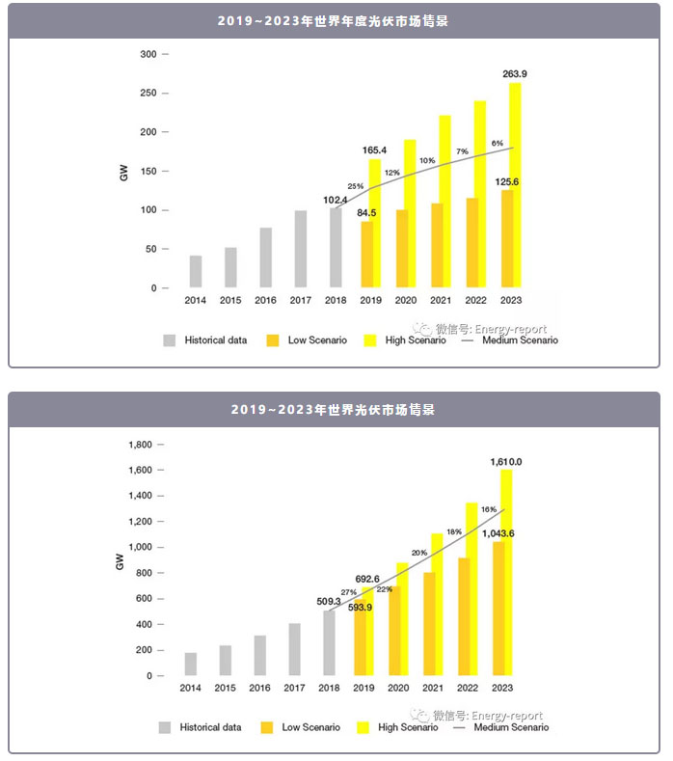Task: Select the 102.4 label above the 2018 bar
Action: click(336, 200)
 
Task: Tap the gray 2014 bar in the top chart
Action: click(196, 271)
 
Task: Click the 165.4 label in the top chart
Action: click(375, 150)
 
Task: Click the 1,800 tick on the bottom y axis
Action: click(140, 445)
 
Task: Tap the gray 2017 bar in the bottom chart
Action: click(295, 649)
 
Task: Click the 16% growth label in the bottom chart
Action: click(488, 509)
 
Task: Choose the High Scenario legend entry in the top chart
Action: click(408, 340)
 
